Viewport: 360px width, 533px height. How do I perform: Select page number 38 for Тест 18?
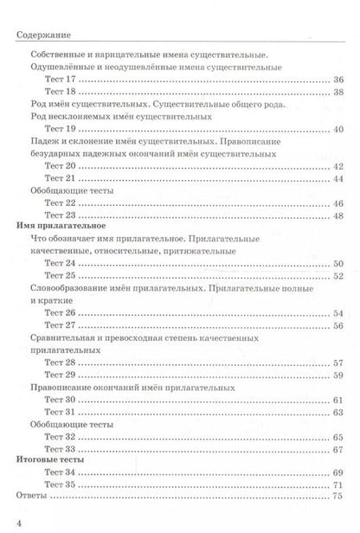pyautogui.click(x=338, y=92)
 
